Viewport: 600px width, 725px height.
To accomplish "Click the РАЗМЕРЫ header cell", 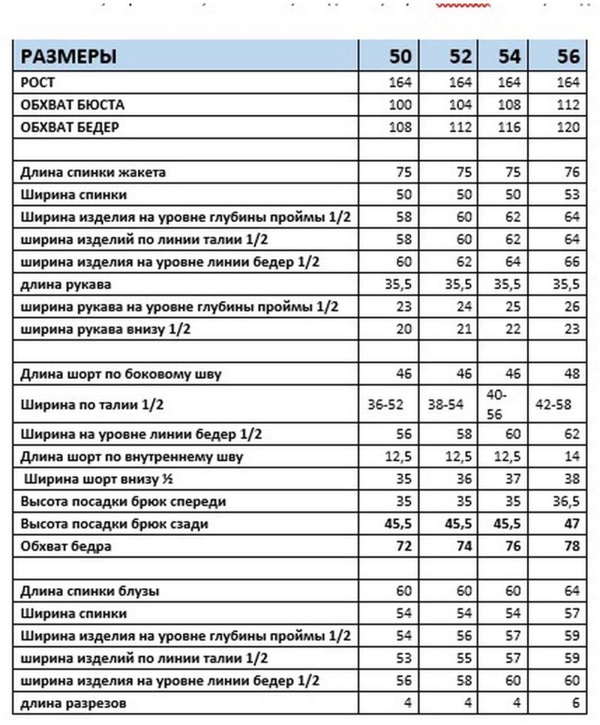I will point(67,56).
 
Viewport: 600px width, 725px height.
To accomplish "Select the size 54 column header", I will point(509,56).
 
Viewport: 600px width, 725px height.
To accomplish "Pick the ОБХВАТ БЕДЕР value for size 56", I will point(569,127).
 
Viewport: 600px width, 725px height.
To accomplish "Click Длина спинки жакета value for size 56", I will point(571,172).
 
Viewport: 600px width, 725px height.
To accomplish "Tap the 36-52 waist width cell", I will point(385,404).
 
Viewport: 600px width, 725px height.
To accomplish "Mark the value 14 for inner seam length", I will point(573,456).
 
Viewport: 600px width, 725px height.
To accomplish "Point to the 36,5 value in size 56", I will point(567,501).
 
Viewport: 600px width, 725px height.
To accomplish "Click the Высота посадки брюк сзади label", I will point(114,523).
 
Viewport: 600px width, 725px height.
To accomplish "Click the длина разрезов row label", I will point(73,703).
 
